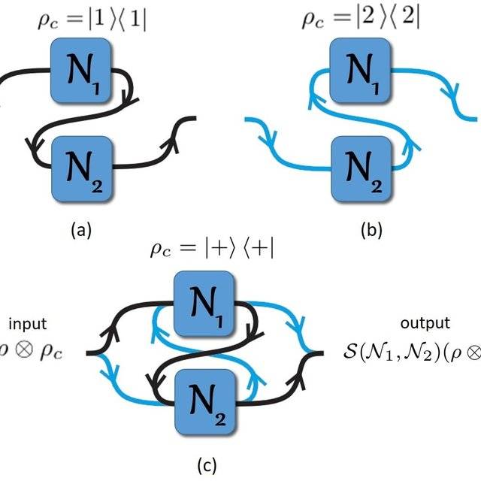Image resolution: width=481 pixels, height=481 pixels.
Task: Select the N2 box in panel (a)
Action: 80,167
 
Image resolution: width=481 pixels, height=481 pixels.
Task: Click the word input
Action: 28,324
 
